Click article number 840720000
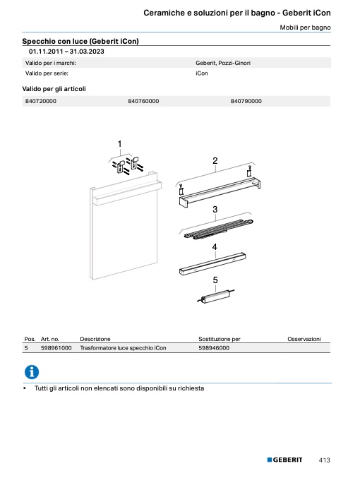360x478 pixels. tap(40, 101)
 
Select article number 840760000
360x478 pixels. tap(143, 101)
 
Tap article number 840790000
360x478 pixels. tap(246, 101)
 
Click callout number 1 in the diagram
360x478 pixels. tap(120, 143)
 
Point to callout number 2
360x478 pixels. tap(215, 161)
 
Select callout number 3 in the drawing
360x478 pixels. tap(215, 210)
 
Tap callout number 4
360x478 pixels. tap(215, 247)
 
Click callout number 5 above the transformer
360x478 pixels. tap(215, 280)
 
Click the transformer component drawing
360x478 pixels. tap(216, 297)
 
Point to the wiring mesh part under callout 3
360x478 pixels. tap(217, 229)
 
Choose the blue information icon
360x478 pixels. tap(32, 372)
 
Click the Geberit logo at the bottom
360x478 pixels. tap(284, 460)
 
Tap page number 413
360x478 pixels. tap(324, 460)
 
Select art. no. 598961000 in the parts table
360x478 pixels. tap(56, 348)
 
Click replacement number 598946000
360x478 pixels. tap(214, 348)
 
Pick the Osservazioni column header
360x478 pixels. tap(304, 339)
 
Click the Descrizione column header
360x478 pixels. tap(95, 339)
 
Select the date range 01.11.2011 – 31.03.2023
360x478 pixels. tap(66, 52)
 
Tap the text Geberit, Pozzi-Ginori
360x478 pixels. tap(223, 63)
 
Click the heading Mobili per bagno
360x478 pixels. tap(305, 28)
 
